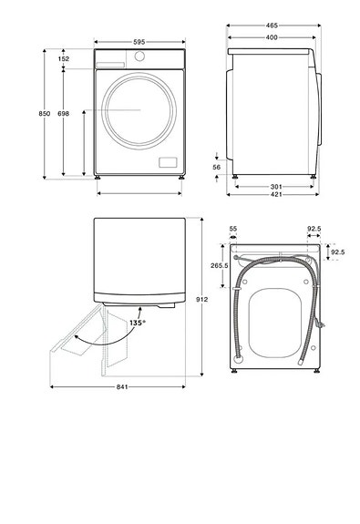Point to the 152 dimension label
[x=63, y=58]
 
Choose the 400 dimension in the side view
[x=271, y=37]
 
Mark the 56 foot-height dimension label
[x=217, y=168]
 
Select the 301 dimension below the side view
[x=275, y=186]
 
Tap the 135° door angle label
[x=138, y=322]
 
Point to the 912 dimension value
[x=201, y=299]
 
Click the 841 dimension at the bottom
[x=121, y=387]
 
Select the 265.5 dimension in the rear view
[x=217, y=266]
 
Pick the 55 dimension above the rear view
[x=232, y=229]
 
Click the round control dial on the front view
[x=139, y=57]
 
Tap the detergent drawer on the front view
[x=110, y=64]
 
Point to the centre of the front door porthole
[x=140, y=109]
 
